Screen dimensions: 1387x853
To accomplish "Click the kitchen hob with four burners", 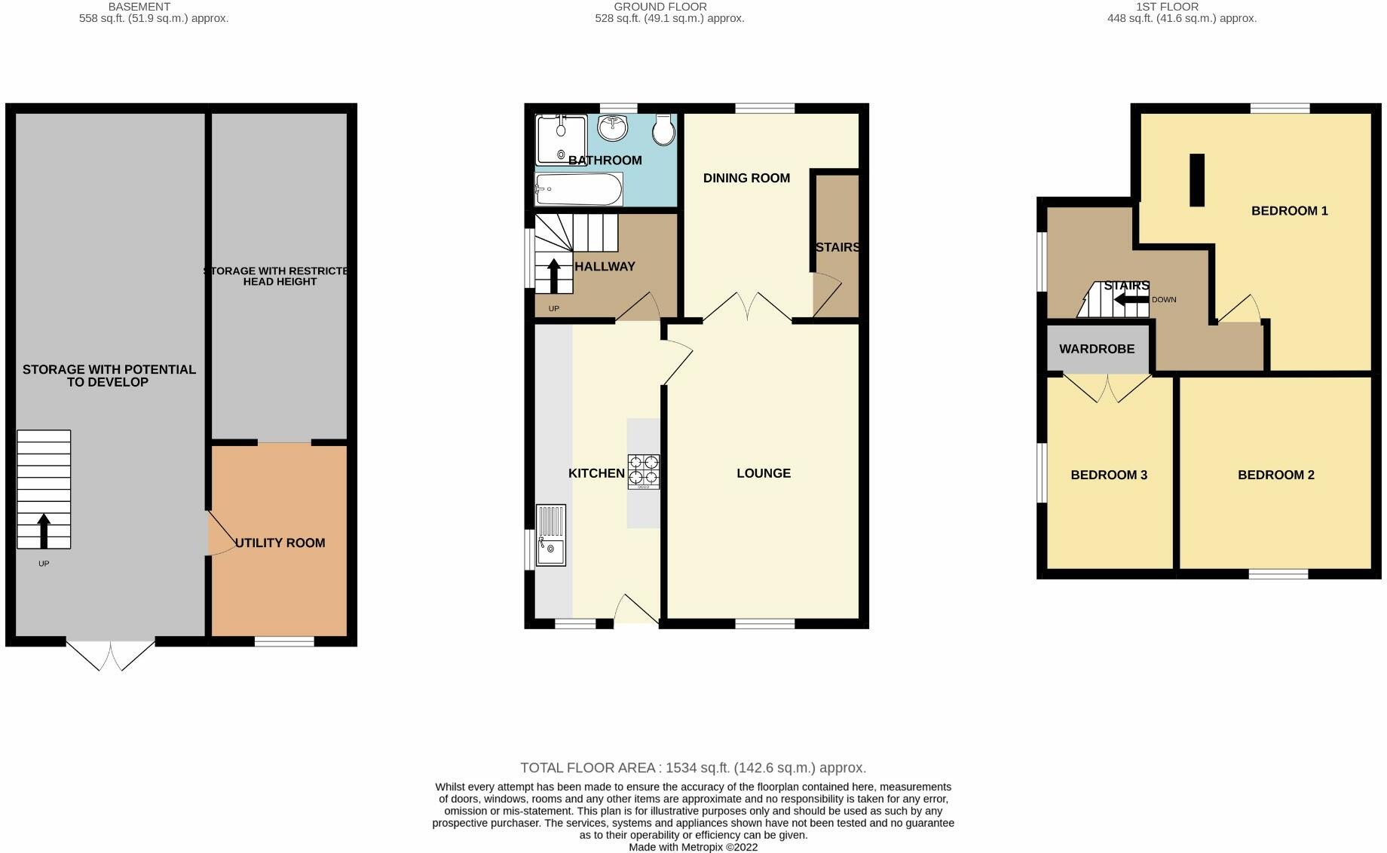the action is (644, 472).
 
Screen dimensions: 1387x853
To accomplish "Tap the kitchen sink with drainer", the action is (551, 535).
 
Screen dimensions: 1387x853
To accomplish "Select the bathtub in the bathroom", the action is (578, 189).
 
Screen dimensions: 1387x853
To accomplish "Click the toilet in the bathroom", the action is (664, 130).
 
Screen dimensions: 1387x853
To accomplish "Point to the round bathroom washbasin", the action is (613, 127).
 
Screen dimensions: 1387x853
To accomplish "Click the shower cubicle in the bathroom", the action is (561, 139).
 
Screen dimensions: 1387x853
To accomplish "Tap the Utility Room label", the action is (280, 543).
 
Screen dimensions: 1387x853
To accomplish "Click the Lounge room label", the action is (764, 473).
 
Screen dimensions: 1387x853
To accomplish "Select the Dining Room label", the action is (746, 178).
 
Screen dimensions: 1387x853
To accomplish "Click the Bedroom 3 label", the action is (1109, 475).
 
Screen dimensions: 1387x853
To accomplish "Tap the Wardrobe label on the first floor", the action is (1097, 349).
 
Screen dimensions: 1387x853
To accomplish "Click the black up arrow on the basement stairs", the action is (44, 530).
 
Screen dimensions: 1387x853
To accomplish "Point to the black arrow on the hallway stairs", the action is (554, 276).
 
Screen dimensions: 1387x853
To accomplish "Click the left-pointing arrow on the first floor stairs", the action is (1131, 300).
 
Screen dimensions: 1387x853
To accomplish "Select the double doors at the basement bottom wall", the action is (111, 655).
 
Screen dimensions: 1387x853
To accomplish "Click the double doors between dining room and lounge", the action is (747, 308).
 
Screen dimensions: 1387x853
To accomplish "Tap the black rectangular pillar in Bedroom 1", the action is (1196, 180).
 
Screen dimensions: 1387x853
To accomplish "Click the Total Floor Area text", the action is (693, 768).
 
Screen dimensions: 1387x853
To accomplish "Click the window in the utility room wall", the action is (284, 641).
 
